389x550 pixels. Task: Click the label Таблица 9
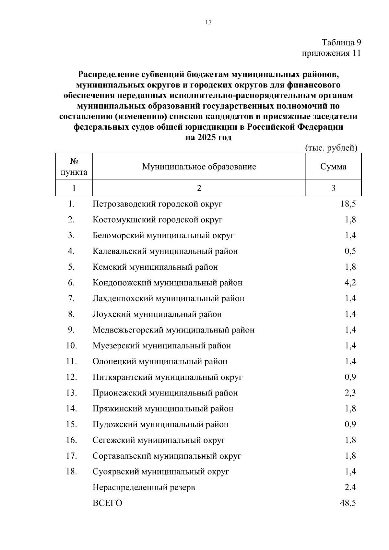click(x=341, y=42)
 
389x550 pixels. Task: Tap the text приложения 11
click(x=331, y=53)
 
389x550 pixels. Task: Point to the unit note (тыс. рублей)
click(x=331, y=148)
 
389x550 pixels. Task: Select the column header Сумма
click(x=333, y=167)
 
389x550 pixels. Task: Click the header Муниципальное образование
click(x=199, y=167)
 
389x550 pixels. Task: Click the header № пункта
click(x=74, y=167)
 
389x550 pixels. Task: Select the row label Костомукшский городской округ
click(x=158, y=220)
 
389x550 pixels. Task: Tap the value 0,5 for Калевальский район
click(x=350, y=251)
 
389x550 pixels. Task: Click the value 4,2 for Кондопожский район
click(x=350, y=283)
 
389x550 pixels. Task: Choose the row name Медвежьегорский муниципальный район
click(x=173, y=330)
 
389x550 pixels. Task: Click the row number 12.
click(x=71, y=377)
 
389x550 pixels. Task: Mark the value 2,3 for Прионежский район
click(x=350, y=393)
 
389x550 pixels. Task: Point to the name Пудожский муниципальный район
click(x=160, y=425)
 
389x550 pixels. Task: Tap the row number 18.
click(x=71, y=472)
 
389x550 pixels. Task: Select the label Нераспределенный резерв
click(x=144, y=487)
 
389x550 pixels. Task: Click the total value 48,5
click(x=348, y=503)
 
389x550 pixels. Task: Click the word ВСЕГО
click(x=107, y=503)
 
